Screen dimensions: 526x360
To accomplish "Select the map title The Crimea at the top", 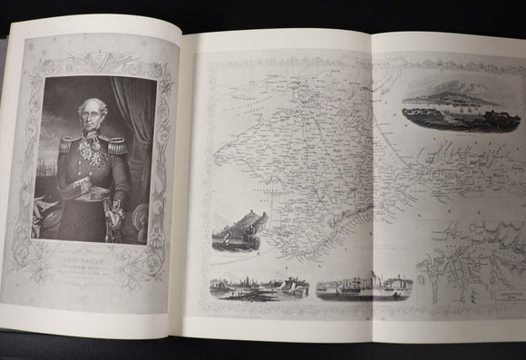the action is (371, 62).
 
